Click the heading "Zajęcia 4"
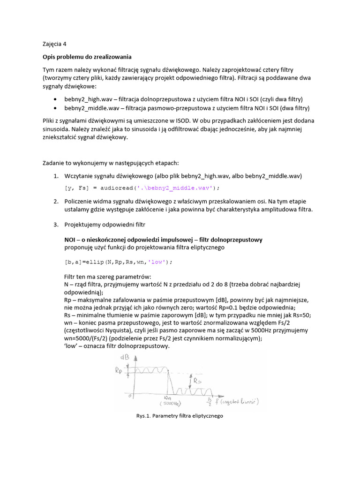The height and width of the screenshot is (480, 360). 54,45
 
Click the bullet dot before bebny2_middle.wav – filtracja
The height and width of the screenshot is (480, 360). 56,108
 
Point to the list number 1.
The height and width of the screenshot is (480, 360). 55,176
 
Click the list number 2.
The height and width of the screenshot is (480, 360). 55,201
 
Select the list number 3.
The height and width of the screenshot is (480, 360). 55,225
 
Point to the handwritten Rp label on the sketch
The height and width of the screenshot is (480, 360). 121,372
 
